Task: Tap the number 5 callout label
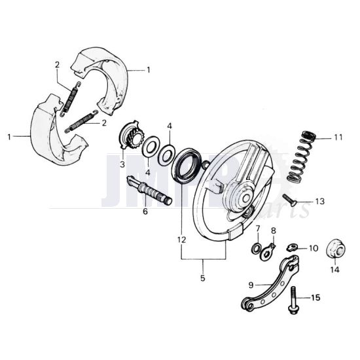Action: tap(202, 278)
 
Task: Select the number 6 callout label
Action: tap(145, 211)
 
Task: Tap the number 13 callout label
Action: tap(319, 201)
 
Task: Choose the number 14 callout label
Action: tap(335, 268)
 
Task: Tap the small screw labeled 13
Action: tap(289, 200)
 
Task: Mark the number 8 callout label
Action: tap(274, 230)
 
